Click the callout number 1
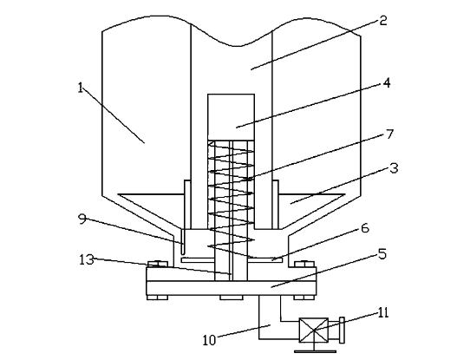click(80, 88)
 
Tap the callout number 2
click(383, 21)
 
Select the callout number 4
click(387, 82)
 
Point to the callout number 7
click(389, 134)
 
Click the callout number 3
click(395, 168)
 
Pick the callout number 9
click(82, 219)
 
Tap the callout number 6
click(365, 228)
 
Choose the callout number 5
click(382, 254)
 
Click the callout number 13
click(87, 259)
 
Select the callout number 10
click(209, 340)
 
